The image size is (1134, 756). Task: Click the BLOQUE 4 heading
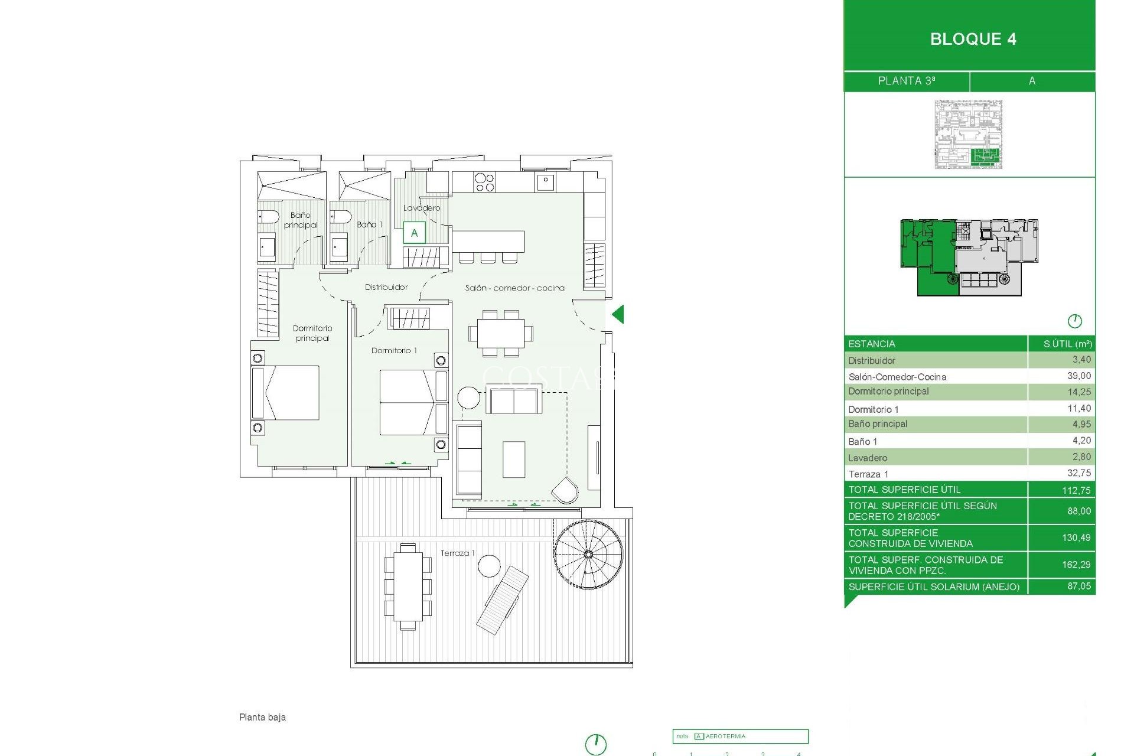(973, 39)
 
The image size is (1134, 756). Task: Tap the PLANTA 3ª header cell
(906, 81)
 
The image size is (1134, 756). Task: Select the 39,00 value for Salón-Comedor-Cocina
(1078, 376)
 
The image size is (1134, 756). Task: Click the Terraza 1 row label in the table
(868, 474)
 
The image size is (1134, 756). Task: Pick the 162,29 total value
(1076, 565)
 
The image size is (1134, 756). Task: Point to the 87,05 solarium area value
(1078, 586)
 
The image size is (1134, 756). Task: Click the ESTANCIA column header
(871, 344)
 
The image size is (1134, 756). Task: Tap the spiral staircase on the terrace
(588, 554)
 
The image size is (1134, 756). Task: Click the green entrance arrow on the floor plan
(618, 314)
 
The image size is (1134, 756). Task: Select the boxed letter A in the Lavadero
(414, 233)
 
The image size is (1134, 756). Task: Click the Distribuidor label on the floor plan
(386, 287)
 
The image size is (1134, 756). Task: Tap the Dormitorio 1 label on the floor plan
(393, 350)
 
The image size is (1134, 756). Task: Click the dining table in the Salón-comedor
(500, 334)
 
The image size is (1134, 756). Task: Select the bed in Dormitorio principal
(286, 393)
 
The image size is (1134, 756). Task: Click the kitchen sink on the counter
(545, 182)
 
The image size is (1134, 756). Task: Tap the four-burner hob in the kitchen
(484, 183)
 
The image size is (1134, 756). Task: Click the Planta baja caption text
(262, 717)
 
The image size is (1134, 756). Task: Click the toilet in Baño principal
(269, 217)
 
